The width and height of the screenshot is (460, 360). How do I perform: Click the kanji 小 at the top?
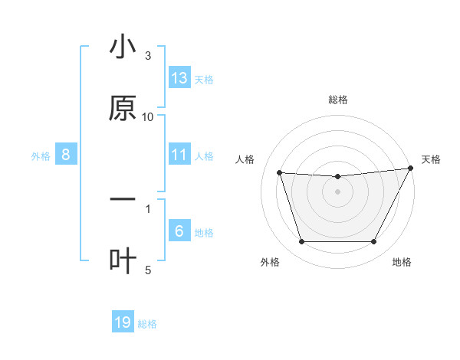(x=123, y=47)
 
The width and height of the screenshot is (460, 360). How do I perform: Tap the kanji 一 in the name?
(x=123, y=198)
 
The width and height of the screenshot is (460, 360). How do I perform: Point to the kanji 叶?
(x=123, y=260)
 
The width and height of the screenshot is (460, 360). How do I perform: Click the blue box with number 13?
(x=179, y=78)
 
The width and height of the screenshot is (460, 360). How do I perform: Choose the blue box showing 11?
(x=179, y=155)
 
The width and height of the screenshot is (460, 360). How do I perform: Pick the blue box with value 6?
(x=179, y=231)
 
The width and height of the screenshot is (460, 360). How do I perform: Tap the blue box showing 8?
(x=66, y=155)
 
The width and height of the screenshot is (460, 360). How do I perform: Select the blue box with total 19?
(x=123, y=323)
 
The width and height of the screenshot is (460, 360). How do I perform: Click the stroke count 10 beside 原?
(x=148, y=116)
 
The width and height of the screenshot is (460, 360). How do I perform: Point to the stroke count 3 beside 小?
(x=148, y=56)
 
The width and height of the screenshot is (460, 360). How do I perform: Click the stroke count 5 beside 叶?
(x=148, y=270)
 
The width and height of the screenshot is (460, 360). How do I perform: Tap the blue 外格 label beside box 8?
(x=41, y=155)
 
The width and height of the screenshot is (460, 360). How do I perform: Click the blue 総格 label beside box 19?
(x=147, y=324)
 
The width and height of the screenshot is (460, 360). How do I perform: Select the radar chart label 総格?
(x=337, y=100)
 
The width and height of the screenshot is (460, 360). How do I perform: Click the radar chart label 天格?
(x=431, y=159)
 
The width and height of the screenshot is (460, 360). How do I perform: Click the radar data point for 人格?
(x=280, y=173)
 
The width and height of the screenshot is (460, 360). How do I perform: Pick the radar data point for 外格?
(x=301, y=242)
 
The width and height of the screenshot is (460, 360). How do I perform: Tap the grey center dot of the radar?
(x=337, y=191)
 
